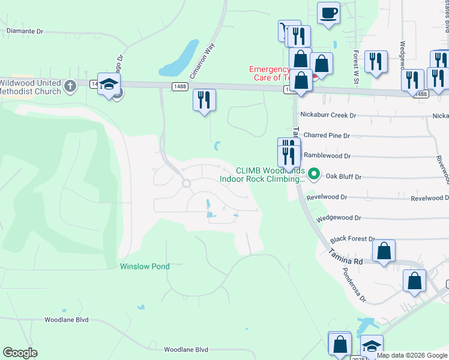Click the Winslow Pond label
click(145, 266)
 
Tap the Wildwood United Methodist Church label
click(30, 87)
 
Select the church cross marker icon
click(70, 85)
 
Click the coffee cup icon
click(328, 13)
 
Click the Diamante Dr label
click(25, 31)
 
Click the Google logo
click(20, 353)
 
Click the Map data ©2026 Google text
click(411, 355)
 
